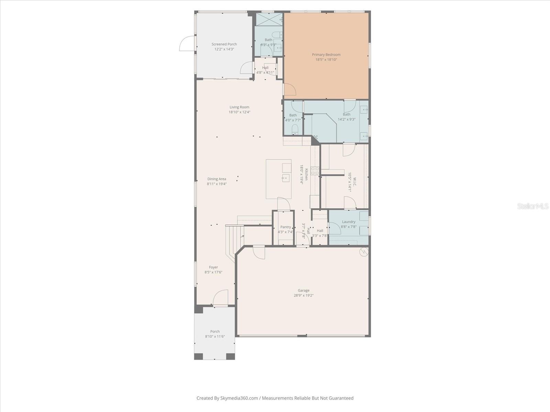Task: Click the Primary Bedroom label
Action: pyautogui.click(x=326, y=55)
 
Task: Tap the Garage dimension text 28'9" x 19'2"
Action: pyautogui.click(x=304, y=295)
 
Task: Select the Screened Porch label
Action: pyautogui.click(x=224, y=44)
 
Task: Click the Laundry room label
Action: pyautogui.click(x=349, y=222)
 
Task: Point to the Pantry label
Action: pyautogui.click(x=285, y=227)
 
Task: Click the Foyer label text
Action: pyautogui.click(x=213, y=267)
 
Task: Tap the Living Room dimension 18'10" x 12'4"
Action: pyautogui.click(x=240, y=112)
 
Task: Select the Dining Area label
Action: pyautogui.click(x=217, y=179)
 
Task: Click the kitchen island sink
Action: pyautogui.click(x=285, y=178)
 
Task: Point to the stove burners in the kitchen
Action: pyautogui.click(x=315, y=171)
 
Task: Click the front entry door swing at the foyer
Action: pyautogui.click(x=221, y=297)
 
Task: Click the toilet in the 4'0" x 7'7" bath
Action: pyautogui.click(x=295, y=129)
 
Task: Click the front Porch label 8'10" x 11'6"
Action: pyautogui.click(x=215, y=334)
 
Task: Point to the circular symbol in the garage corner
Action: pyautogui.click(x=363, y=252)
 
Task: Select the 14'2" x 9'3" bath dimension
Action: pyautogui.click(x=346, y=119)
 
